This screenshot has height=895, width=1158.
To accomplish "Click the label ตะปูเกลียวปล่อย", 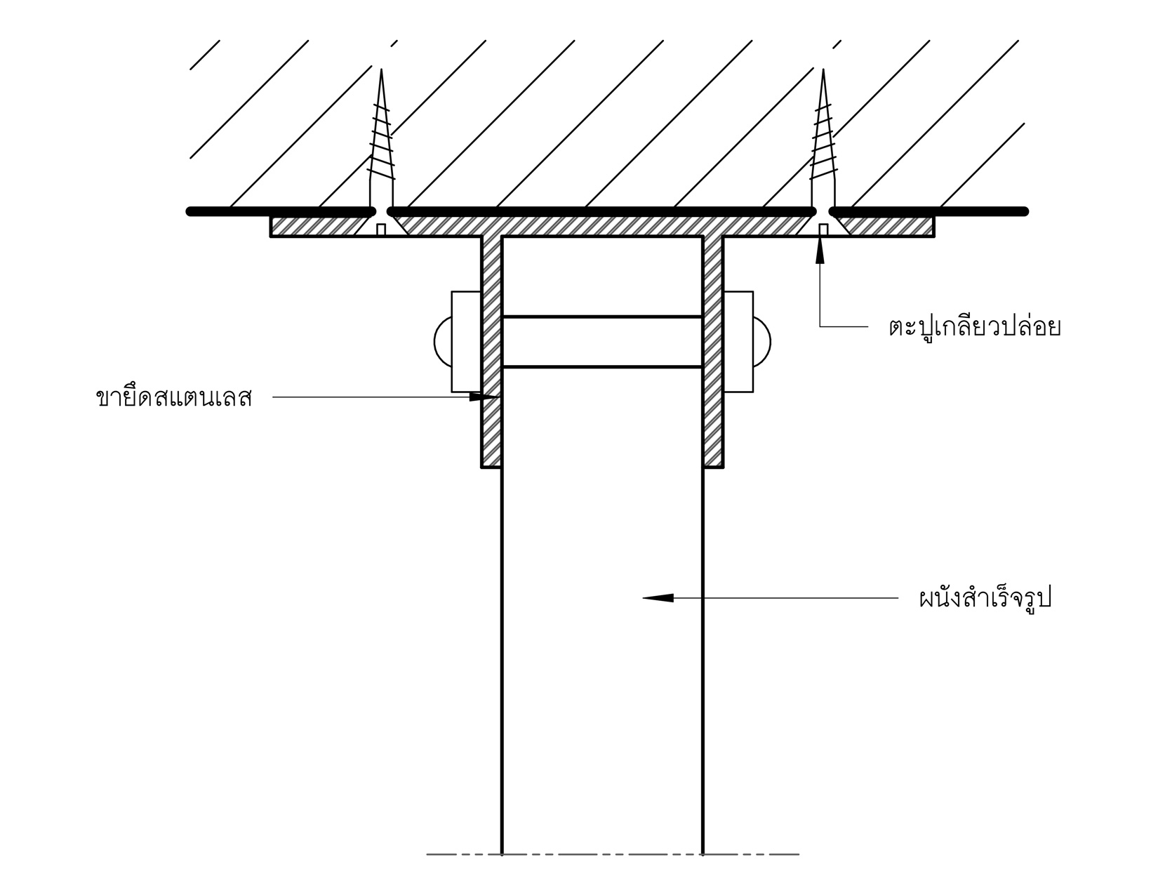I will click(973, 328).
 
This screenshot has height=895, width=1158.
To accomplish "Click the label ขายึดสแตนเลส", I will click(173, 398).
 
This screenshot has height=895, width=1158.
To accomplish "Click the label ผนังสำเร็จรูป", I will click(985, 599).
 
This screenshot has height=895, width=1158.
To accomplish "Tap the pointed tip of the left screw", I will click(381, 71).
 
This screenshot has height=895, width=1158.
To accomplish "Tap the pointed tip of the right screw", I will click(823, 71).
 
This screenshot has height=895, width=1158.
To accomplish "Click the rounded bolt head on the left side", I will click(442, 342).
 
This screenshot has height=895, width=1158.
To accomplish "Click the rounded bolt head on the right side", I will click(762, 342).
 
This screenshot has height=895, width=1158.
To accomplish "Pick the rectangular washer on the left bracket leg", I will click(465, 342).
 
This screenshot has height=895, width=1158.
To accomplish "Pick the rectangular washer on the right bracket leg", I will click(738, 342).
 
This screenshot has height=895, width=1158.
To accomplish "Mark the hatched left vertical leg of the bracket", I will click(491, 351).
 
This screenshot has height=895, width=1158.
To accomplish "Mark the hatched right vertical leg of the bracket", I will click(713, 351).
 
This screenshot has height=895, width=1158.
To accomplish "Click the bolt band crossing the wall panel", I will click(603, 342).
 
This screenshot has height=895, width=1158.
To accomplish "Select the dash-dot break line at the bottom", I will click(612, 854).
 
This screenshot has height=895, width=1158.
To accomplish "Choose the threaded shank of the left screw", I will click(381, 140).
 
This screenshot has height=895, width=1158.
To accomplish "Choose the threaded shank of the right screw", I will click(823, 140).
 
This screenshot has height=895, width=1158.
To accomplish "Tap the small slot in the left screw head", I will click(381, 229).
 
